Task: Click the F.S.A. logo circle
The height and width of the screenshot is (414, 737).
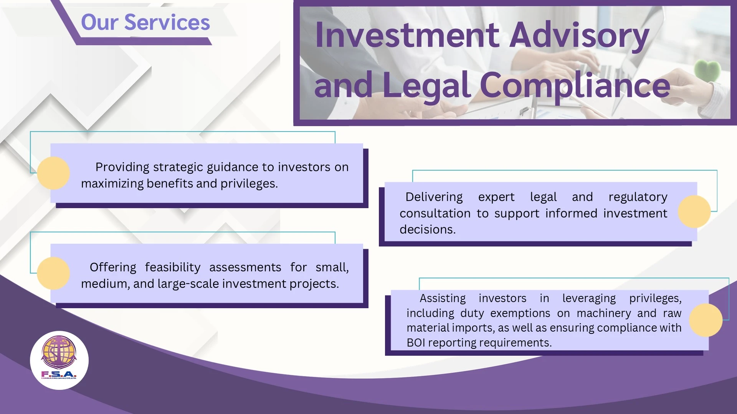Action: click(59, 360)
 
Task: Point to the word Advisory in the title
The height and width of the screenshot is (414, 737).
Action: click(579, 36)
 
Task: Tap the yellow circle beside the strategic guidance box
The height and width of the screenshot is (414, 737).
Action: click(53, 173)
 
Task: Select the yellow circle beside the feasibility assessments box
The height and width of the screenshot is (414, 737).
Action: click(53, 273)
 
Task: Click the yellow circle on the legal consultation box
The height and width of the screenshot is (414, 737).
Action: click(694, 212)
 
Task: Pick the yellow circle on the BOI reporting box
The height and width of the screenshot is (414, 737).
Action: click(706, 320)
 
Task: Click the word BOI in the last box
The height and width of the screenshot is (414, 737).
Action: click(416, 343)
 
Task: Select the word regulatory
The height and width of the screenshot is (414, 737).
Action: click(638, 197)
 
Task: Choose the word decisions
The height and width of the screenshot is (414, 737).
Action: click(428, 230)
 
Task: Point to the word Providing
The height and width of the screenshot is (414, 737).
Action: click(122, 168)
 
